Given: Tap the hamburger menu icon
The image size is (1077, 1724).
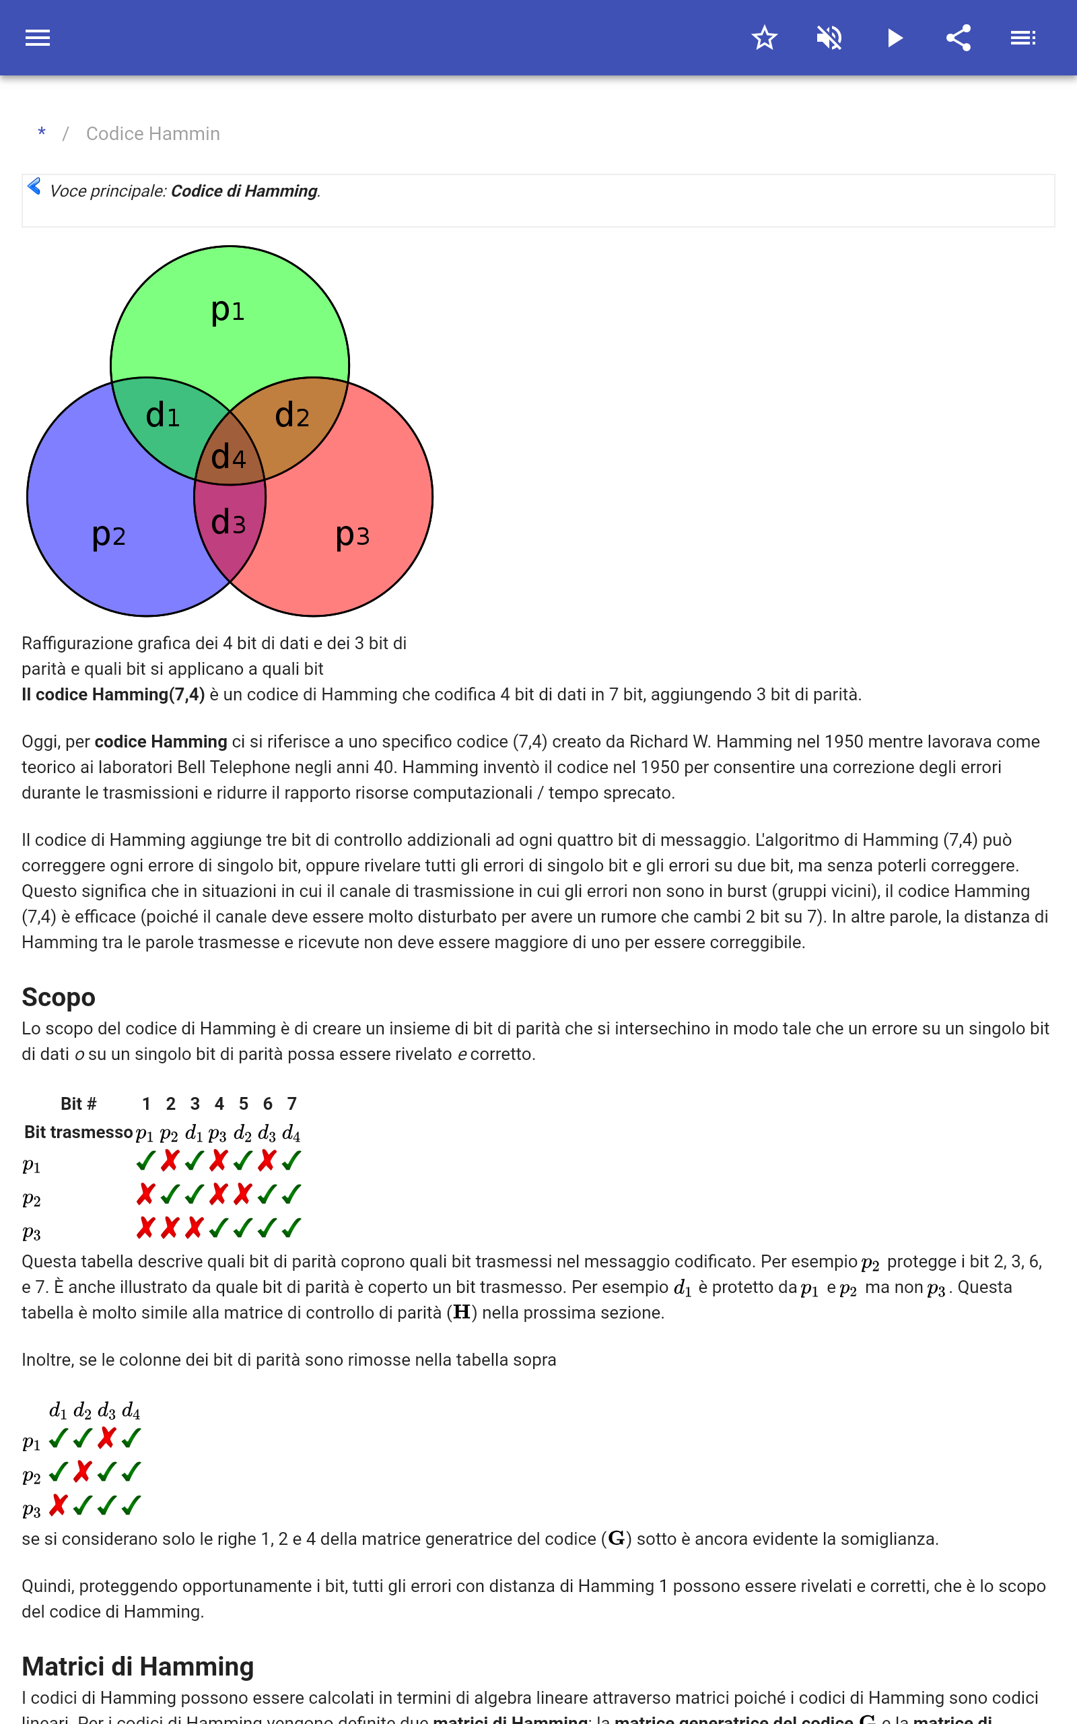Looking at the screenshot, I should tap(38, 38).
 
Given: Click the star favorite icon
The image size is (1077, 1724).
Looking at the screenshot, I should tap(764, 38).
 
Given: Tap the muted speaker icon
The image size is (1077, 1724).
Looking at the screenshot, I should tap(829, 38).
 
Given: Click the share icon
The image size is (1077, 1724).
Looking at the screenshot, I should tap(959, 38).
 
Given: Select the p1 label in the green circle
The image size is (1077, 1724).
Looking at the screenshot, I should tap(228, 310).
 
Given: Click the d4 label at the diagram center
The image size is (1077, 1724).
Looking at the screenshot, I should tap(229, 457).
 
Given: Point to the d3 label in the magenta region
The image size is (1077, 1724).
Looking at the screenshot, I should tap(229, 522).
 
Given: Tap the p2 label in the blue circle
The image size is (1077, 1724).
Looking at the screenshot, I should tap(109, 535).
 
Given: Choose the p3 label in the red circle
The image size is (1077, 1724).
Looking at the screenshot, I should tap(353, 535).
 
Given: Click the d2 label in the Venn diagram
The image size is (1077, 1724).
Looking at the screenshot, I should tap(292, 416).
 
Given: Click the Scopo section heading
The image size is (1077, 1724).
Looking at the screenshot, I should tap(59, 997).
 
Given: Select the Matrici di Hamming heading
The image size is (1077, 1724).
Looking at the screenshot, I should tap(137, 1666).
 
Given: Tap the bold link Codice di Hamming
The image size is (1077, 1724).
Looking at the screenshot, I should tap(244, 191).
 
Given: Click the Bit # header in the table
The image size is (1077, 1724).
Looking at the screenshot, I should tap(78, 1104).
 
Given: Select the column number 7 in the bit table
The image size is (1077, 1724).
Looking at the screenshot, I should tap(292, 1104).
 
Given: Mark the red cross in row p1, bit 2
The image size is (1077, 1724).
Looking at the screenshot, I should tap(170, 1160).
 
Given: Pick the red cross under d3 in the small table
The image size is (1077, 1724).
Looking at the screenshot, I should tap(107, 1438).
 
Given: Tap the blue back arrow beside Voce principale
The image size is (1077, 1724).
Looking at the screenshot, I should tap(34, 187).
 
